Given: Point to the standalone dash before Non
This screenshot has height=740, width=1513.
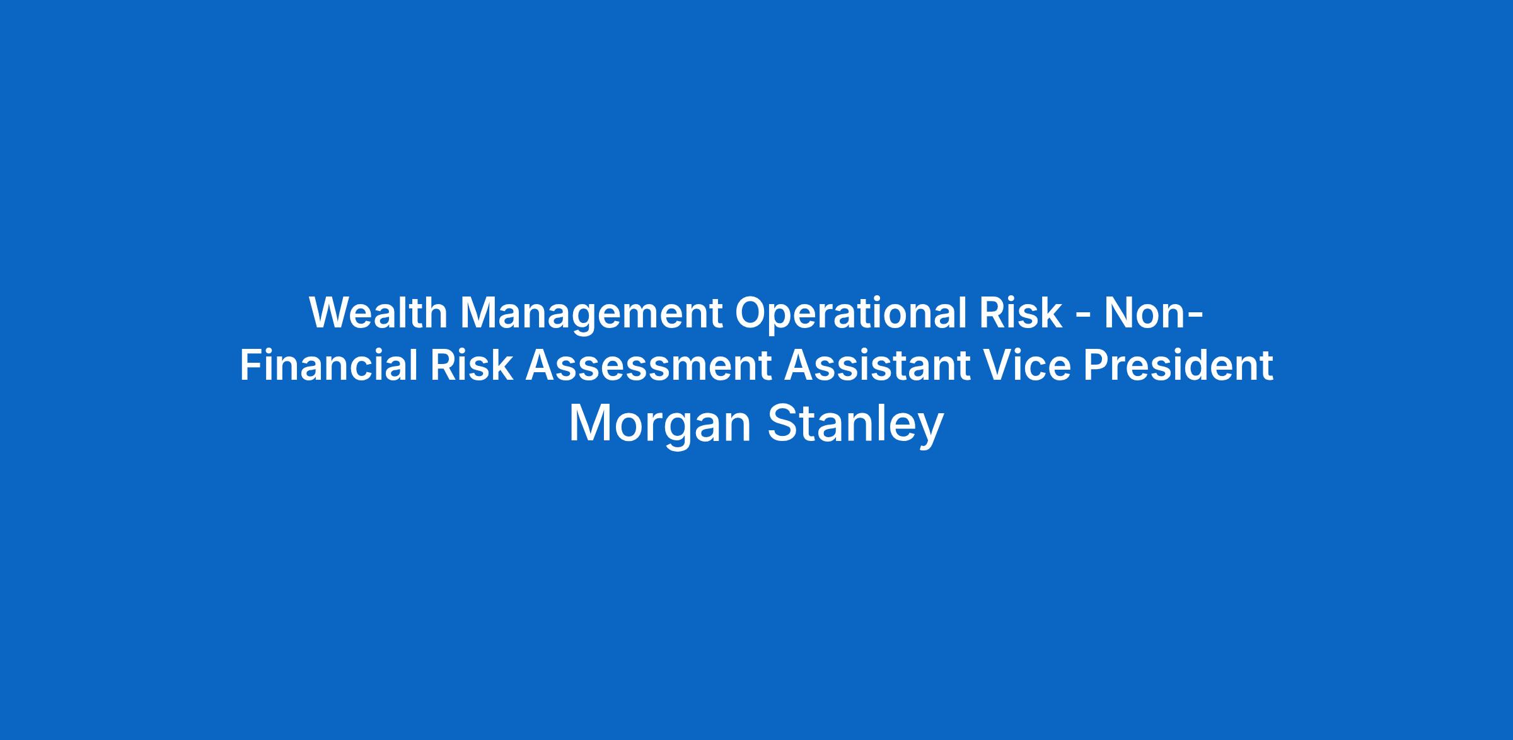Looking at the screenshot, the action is (x=1083, y=315).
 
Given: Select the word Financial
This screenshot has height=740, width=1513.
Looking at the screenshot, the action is (x=328, y=365).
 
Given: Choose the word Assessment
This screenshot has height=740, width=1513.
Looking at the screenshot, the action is (x=649, y=366).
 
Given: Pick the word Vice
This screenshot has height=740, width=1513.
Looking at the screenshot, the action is (x=1027, y=365).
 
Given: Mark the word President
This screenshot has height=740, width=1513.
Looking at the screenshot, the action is (x=1178, y=365).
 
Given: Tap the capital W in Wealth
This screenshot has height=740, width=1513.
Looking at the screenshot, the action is (x=333, y=313).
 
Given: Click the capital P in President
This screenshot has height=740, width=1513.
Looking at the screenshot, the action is (x=1097, y=365).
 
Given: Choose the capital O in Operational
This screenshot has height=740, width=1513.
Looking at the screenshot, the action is (x=751, y=313).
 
